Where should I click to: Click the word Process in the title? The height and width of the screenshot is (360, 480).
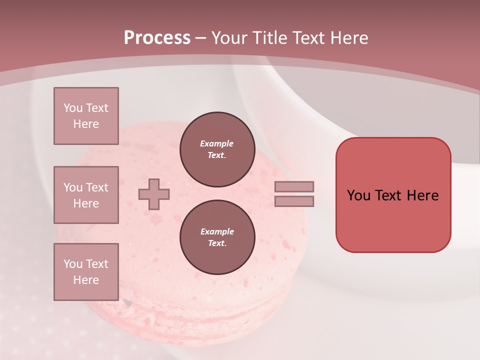pos(157,38)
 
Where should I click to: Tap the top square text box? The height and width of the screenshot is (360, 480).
pos(86,116)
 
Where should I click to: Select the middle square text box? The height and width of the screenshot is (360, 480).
pos(86,195)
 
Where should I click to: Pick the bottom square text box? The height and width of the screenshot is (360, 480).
pos(86,272)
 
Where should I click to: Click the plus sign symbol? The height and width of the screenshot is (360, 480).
pos(154,194)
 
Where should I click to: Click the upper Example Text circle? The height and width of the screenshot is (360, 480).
pos(217,149)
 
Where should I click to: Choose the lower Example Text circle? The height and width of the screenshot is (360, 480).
pos(217,237)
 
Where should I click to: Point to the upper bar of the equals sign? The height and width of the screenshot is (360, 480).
pos(294,186)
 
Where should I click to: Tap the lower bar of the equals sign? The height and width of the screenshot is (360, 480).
pos(294,201)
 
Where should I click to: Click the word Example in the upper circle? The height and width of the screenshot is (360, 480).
pos(217,144)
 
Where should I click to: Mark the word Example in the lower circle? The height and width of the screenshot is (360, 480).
pos(217,232)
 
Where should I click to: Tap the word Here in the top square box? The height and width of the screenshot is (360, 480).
pos(86,124)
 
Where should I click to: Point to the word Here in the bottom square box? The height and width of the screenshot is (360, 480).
pos(86,280)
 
